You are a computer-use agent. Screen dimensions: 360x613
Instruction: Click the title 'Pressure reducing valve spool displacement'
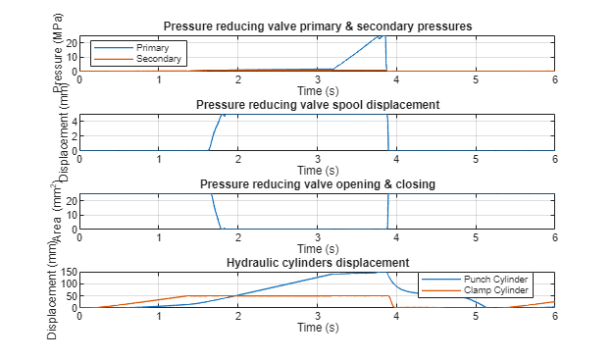[x=317, y=105]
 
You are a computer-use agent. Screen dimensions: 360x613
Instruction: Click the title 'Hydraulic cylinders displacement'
[x=317, y=263]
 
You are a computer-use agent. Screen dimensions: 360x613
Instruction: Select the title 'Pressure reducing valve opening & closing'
[x=317, y=184]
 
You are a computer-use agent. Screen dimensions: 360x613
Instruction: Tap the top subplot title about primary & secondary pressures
[x=317, y=26]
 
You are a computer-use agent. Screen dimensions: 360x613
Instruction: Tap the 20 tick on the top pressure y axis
[x=70, y=43]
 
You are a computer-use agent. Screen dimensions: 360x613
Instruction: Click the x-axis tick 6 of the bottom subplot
[x=555, y=317]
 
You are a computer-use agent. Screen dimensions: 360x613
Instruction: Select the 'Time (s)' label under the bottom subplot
[x=317, y=328]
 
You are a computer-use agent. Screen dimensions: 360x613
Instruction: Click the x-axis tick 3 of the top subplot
[x=317, y=80]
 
